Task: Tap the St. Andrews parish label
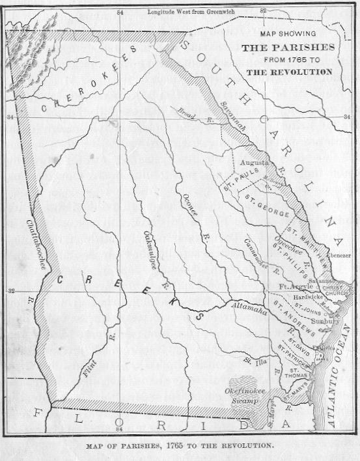click(294, 314)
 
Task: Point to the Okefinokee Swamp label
click(244, 395)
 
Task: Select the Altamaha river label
click(247, 312)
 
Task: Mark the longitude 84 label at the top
click(119, 12)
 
